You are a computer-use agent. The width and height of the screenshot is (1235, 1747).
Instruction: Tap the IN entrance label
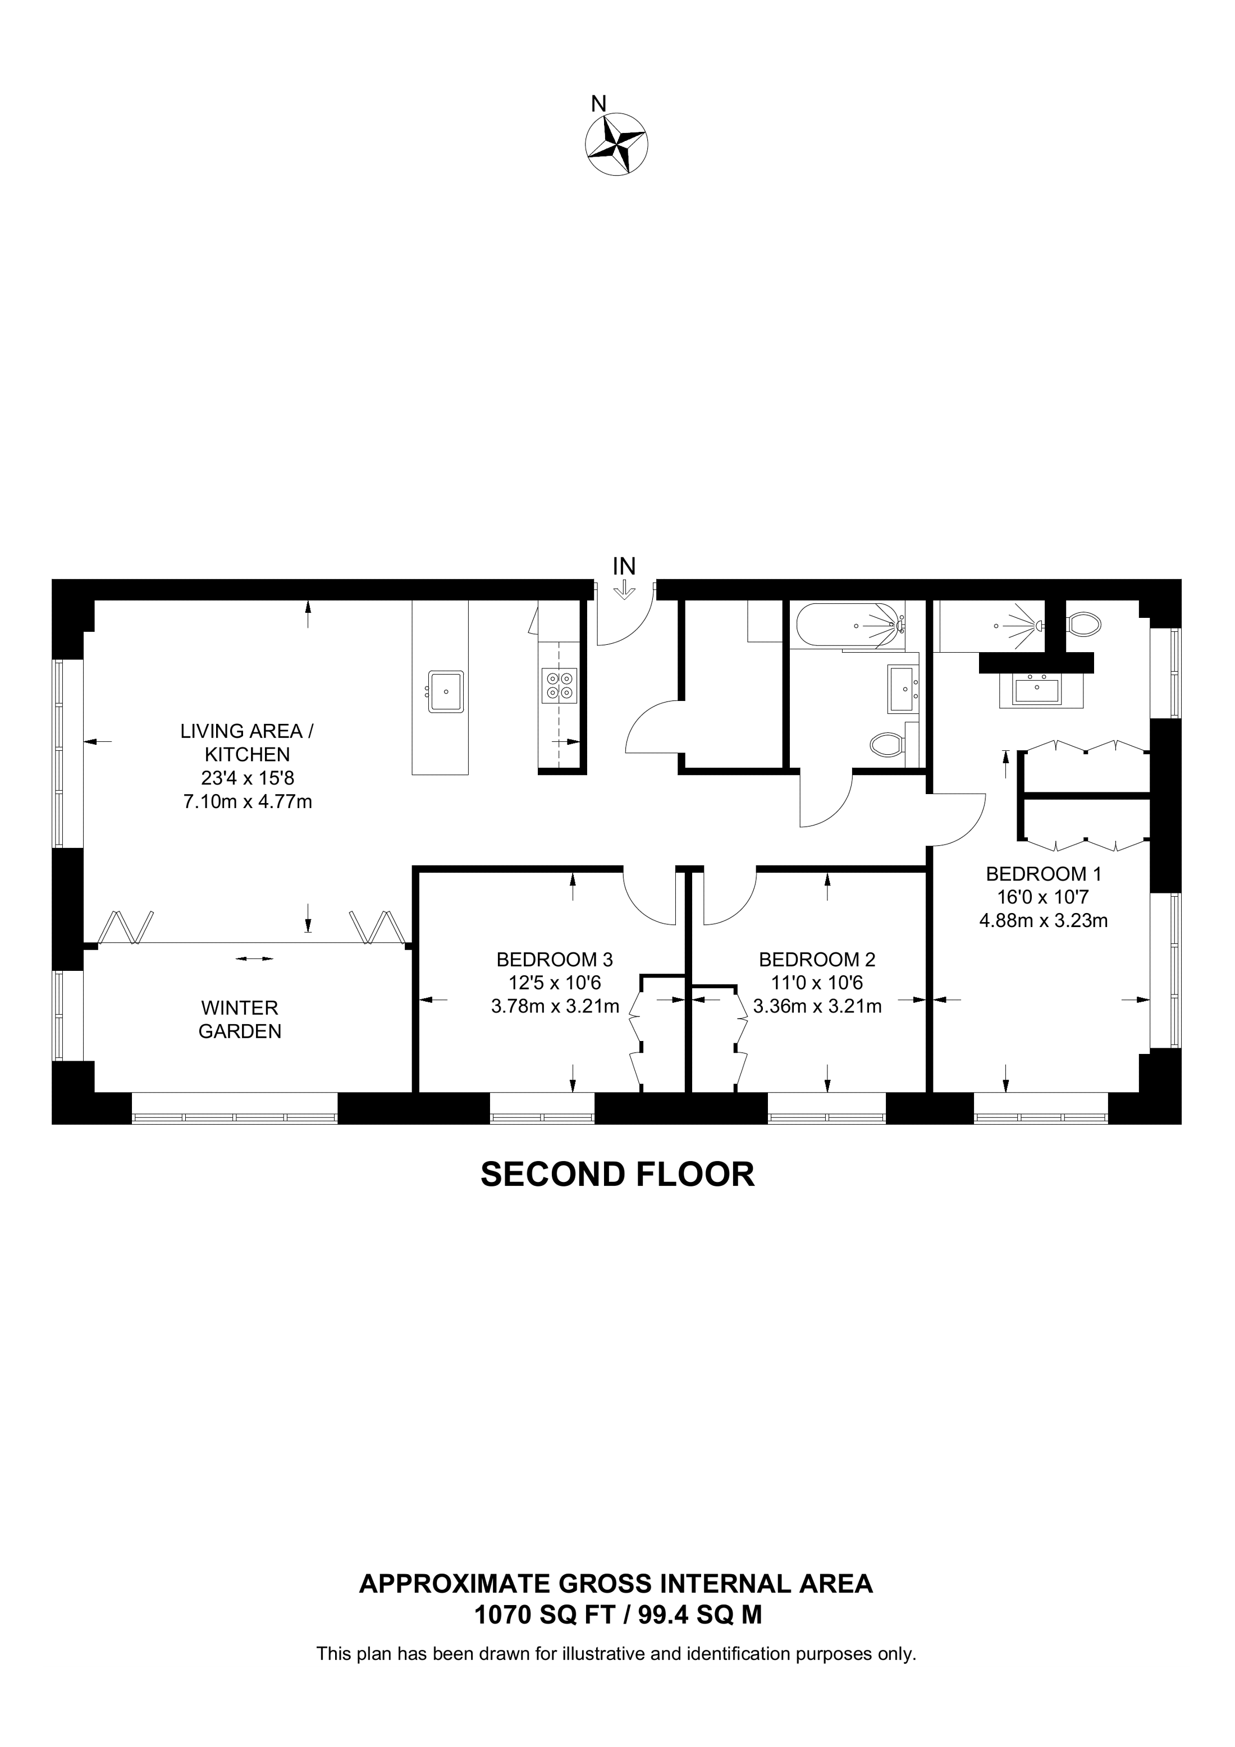click(x=624, y=566)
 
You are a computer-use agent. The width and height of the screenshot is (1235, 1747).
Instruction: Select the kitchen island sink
click(x=445, y=691)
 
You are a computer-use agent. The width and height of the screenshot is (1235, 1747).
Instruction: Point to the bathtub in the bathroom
click(x=849, y=626)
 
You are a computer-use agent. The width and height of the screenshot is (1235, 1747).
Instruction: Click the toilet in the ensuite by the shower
click(x=1083, y=625)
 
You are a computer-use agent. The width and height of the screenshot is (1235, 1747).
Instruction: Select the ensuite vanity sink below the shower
click(x=1038, y=691)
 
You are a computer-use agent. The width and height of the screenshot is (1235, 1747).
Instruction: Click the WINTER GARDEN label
click(x=240, y=1020)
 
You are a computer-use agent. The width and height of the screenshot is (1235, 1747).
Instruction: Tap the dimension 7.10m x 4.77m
click(x=248, y=801)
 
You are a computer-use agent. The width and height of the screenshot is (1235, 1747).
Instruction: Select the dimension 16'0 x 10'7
click(x=1043, y=897)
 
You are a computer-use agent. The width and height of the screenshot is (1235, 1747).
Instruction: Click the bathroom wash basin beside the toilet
click(x=903, y=688)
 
